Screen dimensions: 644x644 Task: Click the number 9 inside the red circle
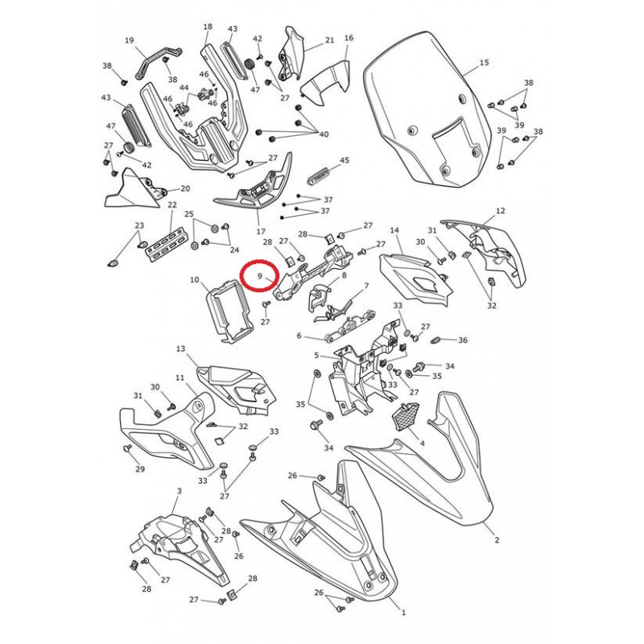[260, 276]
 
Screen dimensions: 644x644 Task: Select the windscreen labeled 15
[427, 109]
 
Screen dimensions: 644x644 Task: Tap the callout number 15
[485, 63]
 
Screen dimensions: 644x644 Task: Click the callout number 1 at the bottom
[403, 613]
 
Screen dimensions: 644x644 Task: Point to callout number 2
[497, 540]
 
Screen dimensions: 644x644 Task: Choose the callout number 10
[194, 280]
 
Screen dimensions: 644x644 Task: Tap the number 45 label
[345, 159]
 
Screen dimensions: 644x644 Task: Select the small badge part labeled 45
[319, 177]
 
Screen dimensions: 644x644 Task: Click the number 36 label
[463, 340]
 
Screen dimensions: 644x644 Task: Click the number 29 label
[140, 469]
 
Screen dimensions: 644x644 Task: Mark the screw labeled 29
[127, 448]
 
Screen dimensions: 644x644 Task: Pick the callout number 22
[171, 204]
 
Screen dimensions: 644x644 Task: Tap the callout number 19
[130, 40]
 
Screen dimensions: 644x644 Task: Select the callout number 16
[349, 38]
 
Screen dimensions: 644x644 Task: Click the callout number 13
[180, 349]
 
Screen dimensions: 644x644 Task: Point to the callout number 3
[179, 491]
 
